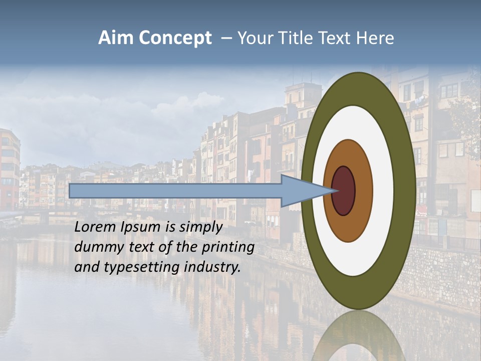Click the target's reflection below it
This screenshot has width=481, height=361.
[358, 336]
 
